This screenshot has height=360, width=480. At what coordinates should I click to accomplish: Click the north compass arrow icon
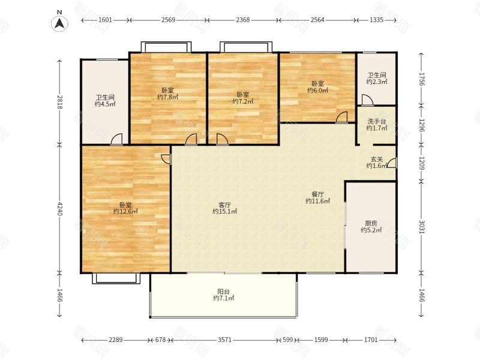(59, 23)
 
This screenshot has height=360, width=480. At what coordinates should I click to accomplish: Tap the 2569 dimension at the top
(168, 20)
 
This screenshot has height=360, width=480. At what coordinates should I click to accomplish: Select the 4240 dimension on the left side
(59, 208)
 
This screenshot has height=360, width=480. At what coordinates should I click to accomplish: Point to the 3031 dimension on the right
(421, 227)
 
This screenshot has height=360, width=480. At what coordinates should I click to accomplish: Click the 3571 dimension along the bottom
(224, 340)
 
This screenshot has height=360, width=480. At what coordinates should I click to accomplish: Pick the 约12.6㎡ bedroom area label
(125, 211)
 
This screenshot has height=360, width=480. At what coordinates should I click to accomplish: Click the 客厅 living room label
(224, 205)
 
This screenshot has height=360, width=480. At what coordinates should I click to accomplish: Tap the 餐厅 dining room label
(318, 194)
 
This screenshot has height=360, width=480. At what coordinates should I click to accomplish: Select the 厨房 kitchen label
(371, 223)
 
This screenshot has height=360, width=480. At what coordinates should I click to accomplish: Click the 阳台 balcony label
(224, 292)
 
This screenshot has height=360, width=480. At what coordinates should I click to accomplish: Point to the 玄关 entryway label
(377, 159)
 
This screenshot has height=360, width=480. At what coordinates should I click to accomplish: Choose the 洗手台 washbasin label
(377, 121)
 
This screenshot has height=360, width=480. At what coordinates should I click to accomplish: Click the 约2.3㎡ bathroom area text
(377, 82)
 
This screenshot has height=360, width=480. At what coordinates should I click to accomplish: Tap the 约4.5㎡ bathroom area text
(105, 104)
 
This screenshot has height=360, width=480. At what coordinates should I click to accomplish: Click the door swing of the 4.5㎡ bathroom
(116, 139)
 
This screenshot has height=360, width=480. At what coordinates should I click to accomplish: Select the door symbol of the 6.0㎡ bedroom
(341, 117)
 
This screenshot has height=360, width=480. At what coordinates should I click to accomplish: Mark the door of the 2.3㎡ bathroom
(367, 100)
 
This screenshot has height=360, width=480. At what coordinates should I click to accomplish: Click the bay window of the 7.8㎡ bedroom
(166, 47)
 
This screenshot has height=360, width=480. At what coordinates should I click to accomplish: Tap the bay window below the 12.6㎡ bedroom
(116, 278)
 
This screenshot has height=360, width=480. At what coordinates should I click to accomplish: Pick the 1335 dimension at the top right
(376, 20)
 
